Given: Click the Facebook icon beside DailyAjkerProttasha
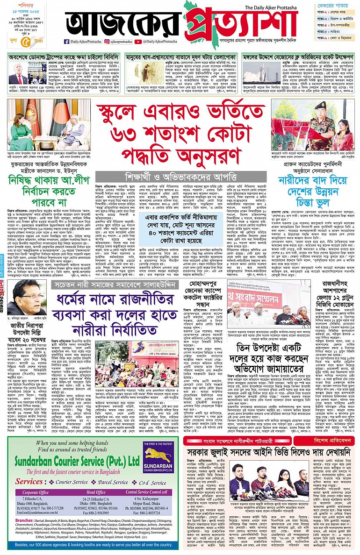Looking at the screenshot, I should [x=67, y=42].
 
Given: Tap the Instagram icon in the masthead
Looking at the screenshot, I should [x=107, y=42].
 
